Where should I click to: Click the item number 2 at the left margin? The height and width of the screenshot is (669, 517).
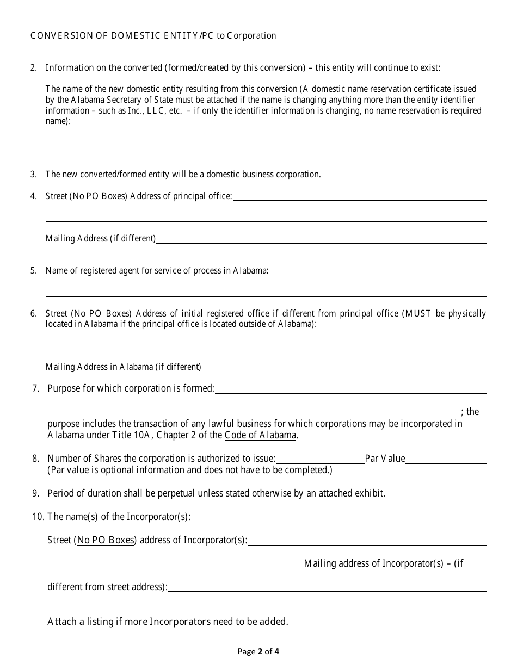[x=33, y=68]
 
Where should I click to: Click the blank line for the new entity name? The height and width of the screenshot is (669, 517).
[x=267, y=143]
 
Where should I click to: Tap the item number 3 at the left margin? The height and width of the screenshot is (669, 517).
[x=33, y=175]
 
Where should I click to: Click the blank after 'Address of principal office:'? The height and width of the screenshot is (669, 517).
[x=359, y=196]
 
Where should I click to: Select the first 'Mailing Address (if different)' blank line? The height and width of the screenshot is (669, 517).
[x=321, y=239]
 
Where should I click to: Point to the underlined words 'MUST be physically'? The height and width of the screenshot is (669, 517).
[x=446, y=314]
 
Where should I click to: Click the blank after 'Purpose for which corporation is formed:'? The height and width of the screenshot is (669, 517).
[x=350, y=389]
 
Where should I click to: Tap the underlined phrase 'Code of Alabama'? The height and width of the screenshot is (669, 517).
[x=261, y=435]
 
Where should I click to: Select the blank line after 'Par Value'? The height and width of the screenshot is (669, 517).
[x=446, y=460]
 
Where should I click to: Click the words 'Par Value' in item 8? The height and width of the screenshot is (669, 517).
[x=385, y=459]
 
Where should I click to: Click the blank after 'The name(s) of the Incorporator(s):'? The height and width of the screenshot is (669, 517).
[x=338, y=518]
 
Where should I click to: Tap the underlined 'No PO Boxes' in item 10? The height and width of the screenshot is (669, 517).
[x=106, y=541]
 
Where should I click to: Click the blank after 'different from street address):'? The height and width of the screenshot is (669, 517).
[x=327, y=587]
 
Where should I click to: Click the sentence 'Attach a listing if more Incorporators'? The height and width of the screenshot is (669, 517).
[x=168, y=622]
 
